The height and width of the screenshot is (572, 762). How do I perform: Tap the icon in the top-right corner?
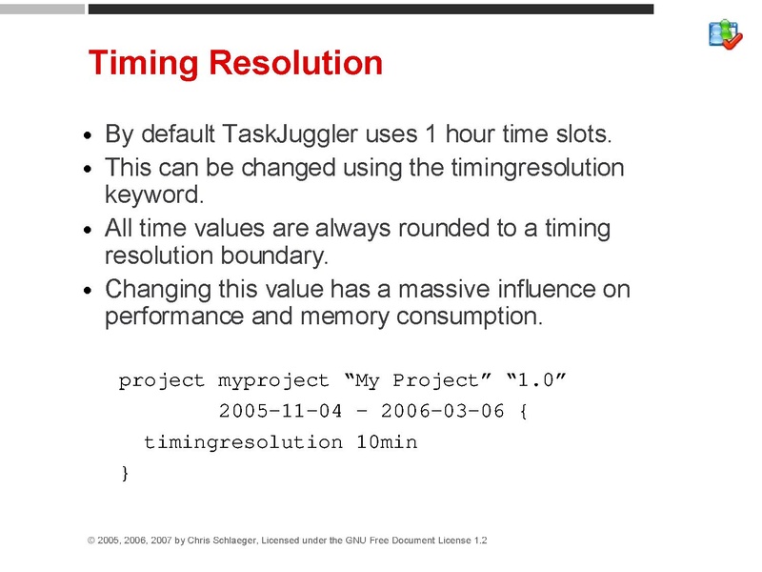(725, 34)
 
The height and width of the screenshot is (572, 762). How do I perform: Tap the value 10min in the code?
(386, 442)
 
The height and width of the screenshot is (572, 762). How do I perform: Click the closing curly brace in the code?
(124, 473)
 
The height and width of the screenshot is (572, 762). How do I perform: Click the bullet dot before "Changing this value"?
(88, 291)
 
